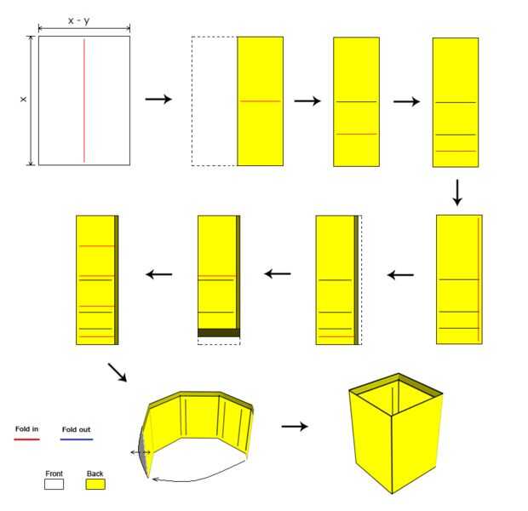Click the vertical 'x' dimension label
click(x=23, y=100)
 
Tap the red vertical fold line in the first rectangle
click(x=83, y=100)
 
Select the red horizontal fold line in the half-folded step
click(x=260, y=101)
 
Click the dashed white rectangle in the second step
click(x=214, y=100)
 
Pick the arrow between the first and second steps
click(x=158, y=100)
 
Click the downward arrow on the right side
click(x=457, y=192)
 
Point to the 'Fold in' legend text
click(x=27, y=429)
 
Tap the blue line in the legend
click(x=77, y=439)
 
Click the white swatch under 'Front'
click(x=54, y=484)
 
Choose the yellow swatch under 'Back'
click(x=95, y=484)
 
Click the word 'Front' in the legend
click(x=54, y=473)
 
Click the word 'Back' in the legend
click(x=94, y=473)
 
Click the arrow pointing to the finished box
click(x=295, y=425)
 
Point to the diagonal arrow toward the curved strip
click(x=118, y=372)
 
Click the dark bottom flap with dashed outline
click(x=218, y=333)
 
